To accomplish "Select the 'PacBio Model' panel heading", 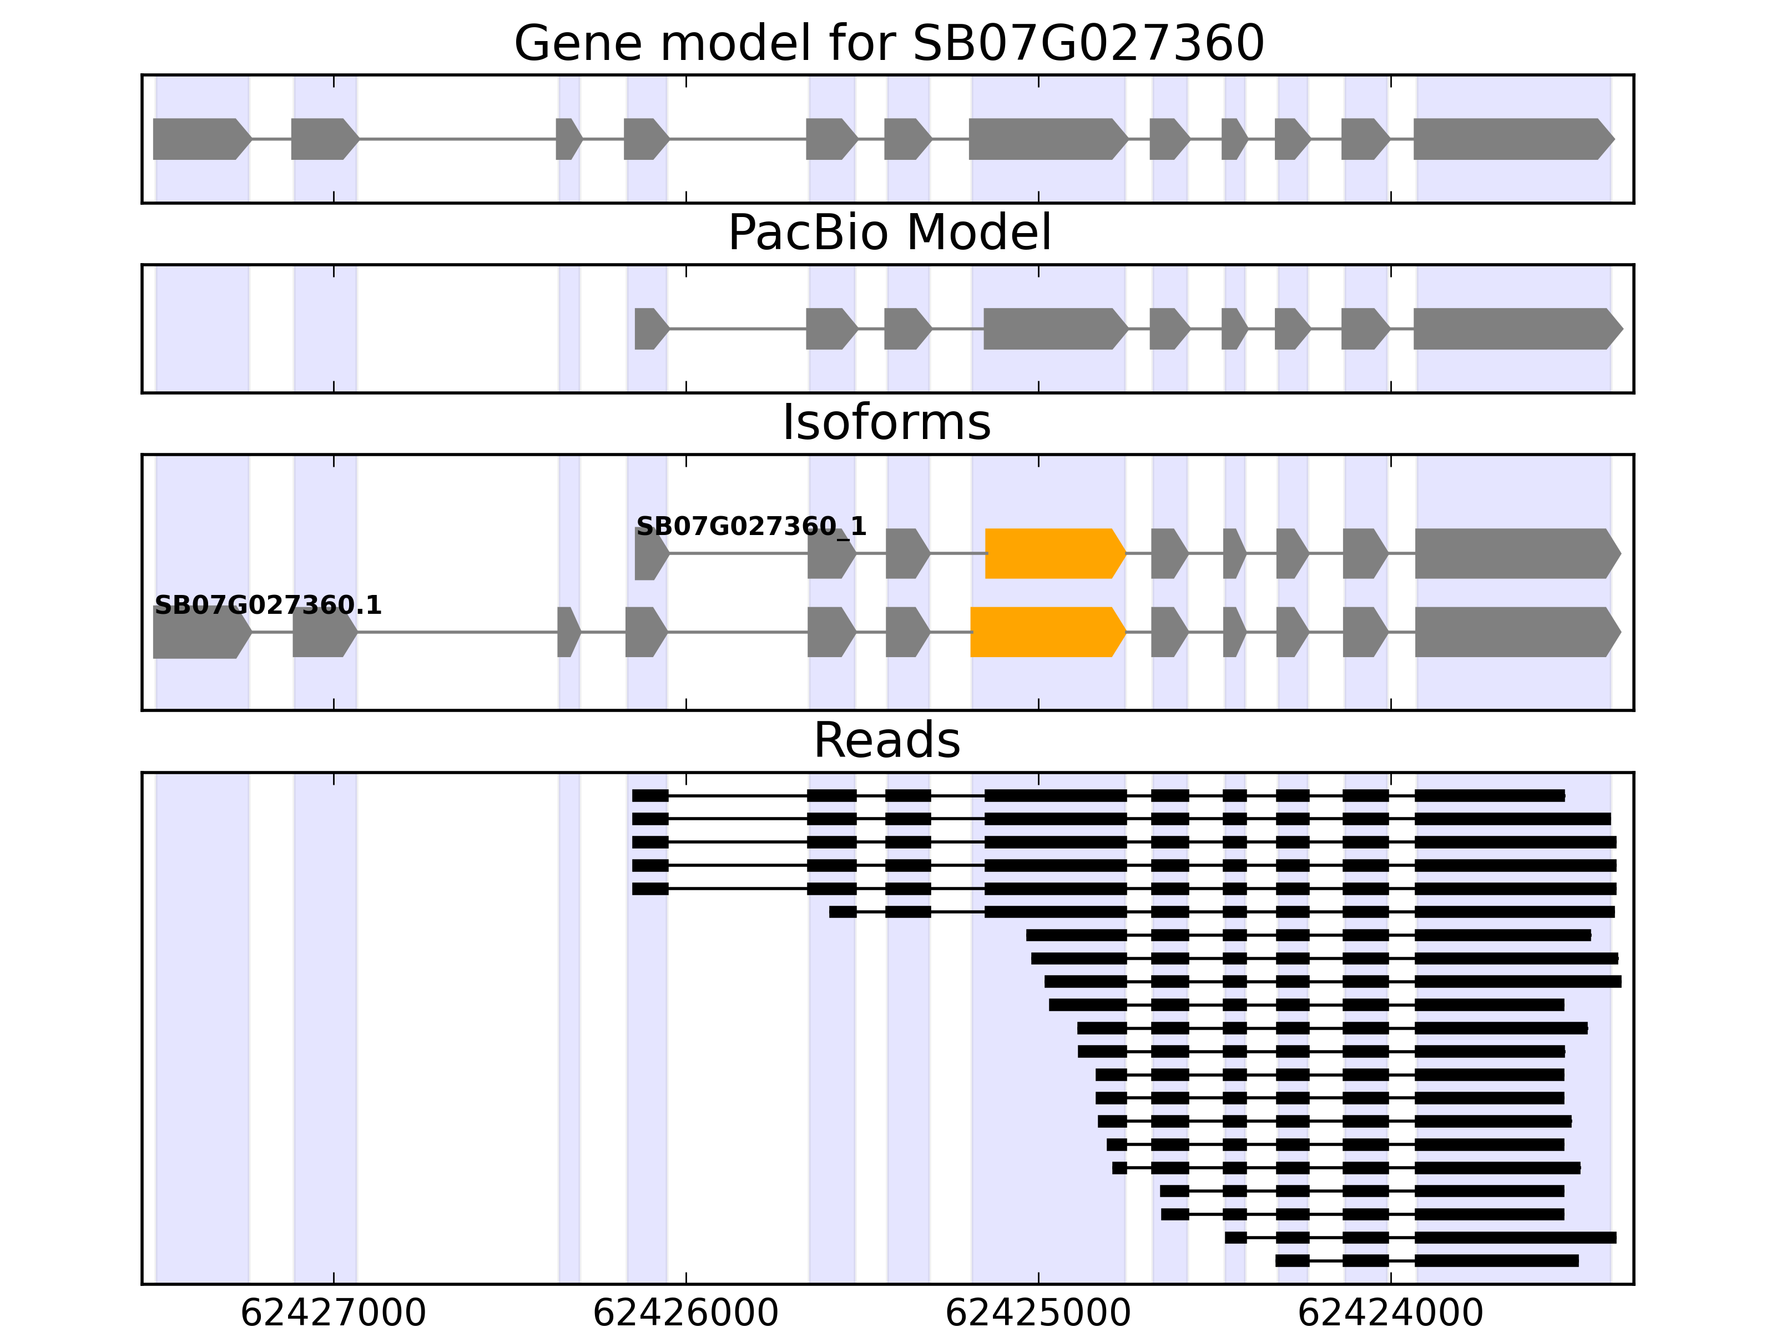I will coord(889,233).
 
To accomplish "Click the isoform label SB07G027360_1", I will coord(751,527).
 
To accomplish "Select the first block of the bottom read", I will coord(1292,1260).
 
